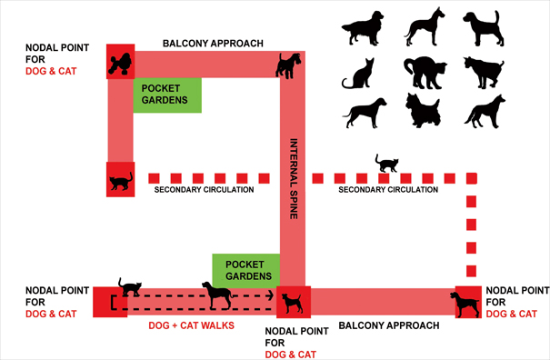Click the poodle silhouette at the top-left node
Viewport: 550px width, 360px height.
(x=119, y=61)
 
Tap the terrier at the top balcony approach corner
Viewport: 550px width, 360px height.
(x=289, y=65)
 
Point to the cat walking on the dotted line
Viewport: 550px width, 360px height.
(x=388, y=164)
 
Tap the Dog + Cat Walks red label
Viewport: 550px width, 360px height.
(x=193, y=325)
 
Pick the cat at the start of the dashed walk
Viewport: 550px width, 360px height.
(x=129, y=289)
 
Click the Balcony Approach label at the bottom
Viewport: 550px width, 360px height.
(x=388, y=325)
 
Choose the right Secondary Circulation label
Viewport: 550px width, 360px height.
(x=388, y=190)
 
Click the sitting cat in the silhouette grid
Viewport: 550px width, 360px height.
(x=360, y=73)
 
